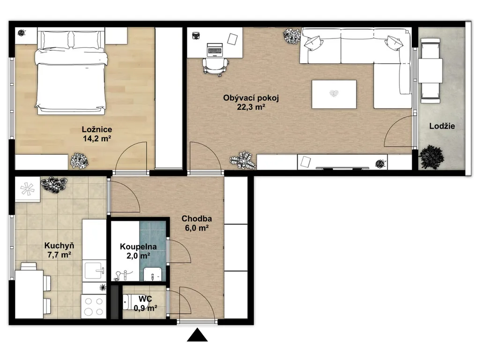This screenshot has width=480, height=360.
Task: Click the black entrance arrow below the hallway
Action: coord(197,335)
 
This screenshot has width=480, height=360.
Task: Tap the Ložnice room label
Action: coord(97,129)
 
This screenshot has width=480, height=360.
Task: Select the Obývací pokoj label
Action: coord(251,98)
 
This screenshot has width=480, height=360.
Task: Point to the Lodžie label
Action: coord(442,126)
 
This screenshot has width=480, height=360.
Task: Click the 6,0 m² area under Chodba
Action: coord(196,228)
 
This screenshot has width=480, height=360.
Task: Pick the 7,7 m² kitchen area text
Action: coord(59,255)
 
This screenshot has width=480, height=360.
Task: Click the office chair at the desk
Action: coord(215,66)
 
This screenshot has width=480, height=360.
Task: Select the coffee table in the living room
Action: coord(334,94)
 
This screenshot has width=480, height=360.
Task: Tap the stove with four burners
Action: coord(94,307)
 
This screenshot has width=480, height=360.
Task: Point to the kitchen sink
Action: coord(95,270)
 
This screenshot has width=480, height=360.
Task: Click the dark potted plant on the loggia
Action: coord(432,157)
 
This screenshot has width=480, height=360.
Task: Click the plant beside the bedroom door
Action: coord(80,161)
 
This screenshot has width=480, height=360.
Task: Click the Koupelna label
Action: coord(138,247)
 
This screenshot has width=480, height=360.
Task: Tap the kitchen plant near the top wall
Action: coord(54,185)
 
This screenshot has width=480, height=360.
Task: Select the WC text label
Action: coord(145,299)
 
